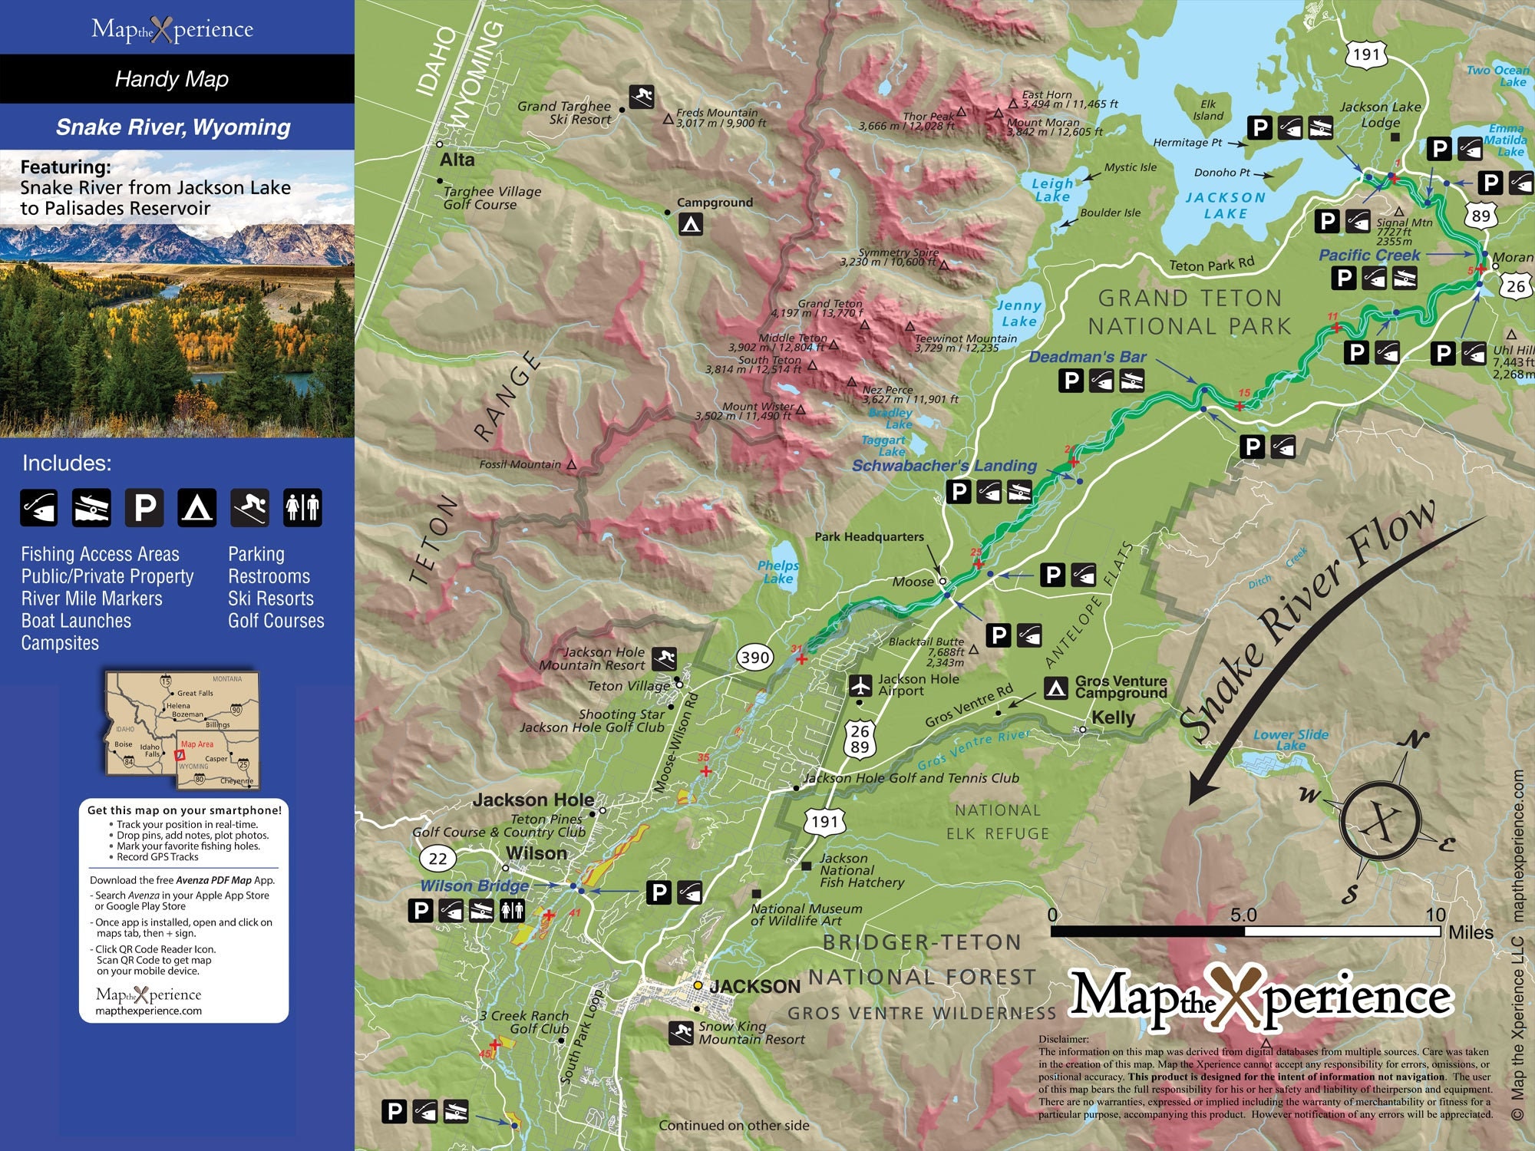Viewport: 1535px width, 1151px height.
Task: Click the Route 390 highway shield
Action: [755, 657]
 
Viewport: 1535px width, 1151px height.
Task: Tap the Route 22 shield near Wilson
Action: [437, 858]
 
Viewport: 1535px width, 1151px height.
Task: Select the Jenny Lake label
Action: [1018, 313]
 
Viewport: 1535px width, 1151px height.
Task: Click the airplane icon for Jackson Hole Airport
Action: [860, 684]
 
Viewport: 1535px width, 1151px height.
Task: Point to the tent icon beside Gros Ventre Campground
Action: [1057, 688]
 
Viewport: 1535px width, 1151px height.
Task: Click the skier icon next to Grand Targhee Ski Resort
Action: [642, 97]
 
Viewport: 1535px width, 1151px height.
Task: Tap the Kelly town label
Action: [1113, 717]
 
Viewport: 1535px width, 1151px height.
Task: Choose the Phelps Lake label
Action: [778, 572]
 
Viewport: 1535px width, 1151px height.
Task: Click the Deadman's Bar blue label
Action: [1087, 357]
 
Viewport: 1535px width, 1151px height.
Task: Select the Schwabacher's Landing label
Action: [944, 466]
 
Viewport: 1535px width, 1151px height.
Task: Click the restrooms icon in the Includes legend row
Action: [302, 507]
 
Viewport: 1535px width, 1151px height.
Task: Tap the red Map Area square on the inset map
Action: [180, 755]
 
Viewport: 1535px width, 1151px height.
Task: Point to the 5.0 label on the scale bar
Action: [1243, 915]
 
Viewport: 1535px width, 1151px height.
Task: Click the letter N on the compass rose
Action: [1415, 740]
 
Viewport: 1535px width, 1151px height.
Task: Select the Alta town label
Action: [457, 160]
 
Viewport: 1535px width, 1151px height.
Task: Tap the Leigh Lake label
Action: [1051, 190]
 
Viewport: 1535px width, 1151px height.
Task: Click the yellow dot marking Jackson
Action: [698, 985]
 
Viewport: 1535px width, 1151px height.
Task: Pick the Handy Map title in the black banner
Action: [172, 79]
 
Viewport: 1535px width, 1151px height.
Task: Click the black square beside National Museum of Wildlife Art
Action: [756, 894]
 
